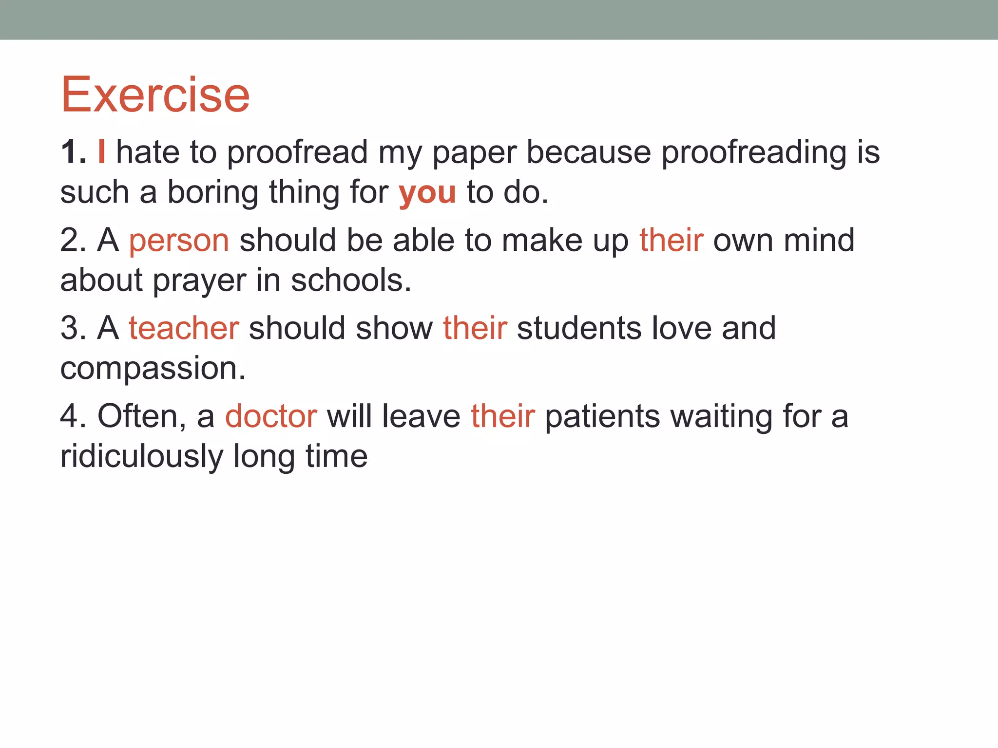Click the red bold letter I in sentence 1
click(101, 152)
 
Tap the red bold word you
click(427, 193)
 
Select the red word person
click(179, 241)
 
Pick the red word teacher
click(184, 328)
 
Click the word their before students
click(475, 328)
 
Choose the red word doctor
click(271, 417)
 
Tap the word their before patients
click(502, 417)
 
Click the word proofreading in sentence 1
click(753, 153)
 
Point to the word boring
click(212, 193)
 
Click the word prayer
click(200, 281)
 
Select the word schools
click(351, 280)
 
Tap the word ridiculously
click(141, 457)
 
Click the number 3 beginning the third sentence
click(69, 328)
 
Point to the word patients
click(602, 417)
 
